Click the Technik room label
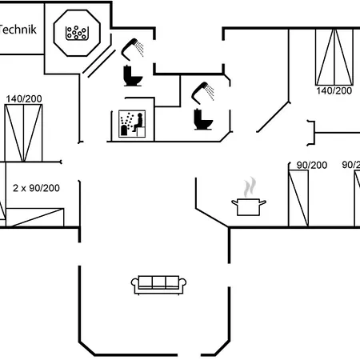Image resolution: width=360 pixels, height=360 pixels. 18,30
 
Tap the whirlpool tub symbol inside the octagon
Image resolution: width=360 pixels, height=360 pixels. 77,33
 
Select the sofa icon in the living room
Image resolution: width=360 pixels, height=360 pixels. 158,285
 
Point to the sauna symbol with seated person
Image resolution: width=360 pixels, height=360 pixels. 132,124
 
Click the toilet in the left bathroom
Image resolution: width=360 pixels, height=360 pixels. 133,76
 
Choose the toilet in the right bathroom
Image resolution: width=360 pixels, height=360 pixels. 203,119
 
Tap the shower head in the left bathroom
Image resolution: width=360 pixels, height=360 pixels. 133,50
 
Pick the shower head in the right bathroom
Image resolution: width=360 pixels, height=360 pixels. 202,93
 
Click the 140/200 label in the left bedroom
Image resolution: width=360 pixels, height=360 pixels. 24,99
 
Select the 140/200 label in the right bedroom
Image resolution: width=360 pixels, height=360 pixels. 334,90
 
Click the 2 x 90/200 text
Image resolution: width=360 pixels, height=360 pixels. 36,188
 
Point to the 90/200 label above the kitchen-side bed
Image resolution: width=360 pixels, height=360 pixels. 312,165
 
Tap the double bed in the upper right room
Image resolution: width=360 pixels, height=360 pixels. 334,57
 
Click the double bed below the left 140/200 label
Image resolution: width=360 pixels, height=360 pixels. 23,133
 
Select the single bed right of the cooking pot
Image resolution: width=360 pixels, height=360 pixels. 298,198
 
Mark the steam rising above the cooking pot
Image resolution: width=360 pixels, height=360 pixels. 250,186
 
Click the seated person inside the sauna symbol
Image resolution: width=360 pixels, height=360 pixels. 138,122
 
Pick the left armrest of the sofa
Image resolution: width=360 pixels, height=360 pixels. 135,283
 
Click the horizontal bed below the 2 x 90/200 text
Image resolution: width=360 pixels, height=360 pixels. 35,218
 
